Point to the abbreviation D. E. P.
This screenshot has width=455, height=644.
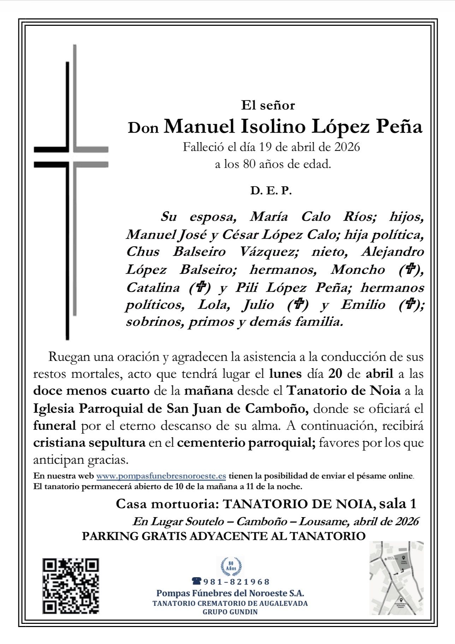tap(271, 191)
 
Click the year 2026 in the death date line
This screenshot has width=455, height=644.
tap(347, 147)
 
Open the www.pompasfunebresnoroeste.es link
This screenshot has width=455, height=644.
tap(161, 476)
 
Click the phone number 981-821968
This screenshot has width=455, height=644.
tap(236, 582)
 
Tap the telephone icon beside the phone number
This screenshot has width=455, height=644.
tap(196, 581)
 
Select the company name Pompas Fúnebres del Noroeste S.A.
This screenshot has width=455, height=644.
tap(230, 593)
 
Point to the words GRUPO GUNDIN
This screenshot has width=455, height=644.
tap(230, 612)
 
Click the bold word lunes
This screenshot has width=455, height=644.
tap(285, 374)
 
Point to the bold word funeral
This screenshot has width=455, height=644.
tap(54, 426)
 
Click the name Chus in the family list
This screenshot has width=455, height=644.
tap(143, 252)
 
